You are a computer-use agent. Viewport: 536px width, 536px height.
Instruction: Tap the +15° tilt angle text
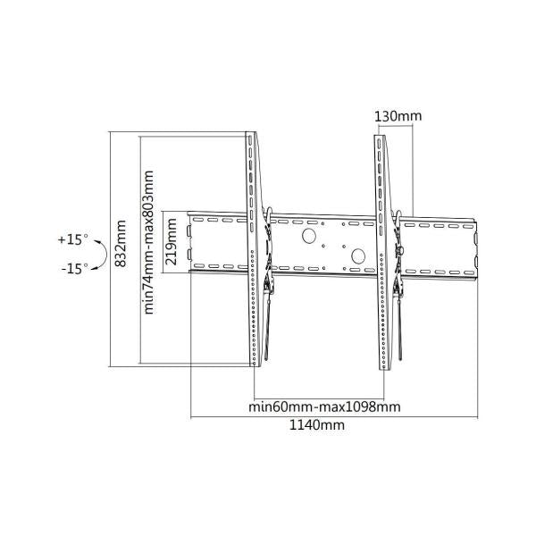tap(73, 239)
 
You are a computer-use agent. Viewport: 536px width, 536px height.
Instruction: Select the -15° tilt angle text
tap(74, 268)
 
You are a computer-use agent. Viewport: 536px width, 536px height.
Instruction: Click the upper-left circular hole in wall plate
tap(308, 237)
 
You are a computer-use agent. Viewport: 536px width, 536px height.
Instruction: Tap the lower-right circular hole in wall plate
tap(358, 255)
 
